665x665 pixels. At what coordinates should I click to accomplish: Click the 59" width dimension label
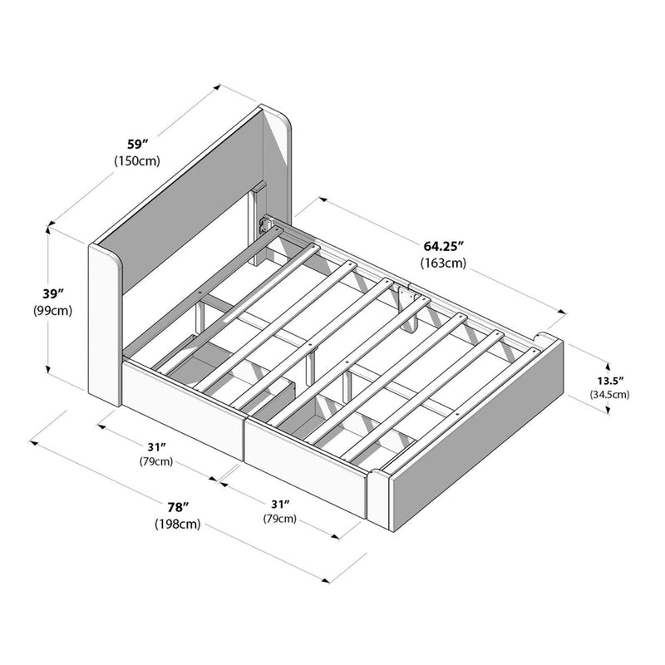tap(137, 143)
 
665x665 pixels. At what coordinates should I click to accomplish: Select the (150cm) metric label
tap(137, 161)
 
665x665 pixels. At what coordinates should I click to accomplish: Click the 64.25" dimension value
tap(443, 246)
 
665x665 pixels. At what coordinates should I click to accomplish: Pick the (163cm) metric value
tap(443, 264)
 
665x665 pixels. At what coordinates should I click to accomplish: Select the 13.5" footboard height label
tap(609, 378)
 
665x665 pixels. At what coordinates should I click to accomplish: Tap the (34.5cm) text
tap(609, 394)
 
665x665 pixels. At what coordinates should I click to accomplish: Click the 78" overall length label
tap(177, 506)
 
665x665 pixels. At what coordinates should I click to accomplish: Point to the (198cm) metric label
tap(177, 524)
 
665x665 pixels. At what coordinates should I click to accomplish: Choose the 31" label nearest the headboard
tap(156, 446)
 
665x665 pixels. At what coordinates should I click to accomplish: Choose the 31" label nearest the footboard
tap(280, 504)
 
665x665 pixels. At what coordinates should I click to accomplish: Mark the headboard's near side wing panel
tap(105, 324)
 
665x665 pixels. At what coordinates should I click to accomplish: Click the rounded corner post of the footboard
tap(378, 498)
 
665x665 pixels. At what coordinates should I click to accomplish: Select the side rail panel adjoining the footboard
tap(308, 462)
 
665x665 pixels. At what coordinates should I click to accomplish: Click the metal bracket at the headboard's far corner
tap(268, 225)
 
